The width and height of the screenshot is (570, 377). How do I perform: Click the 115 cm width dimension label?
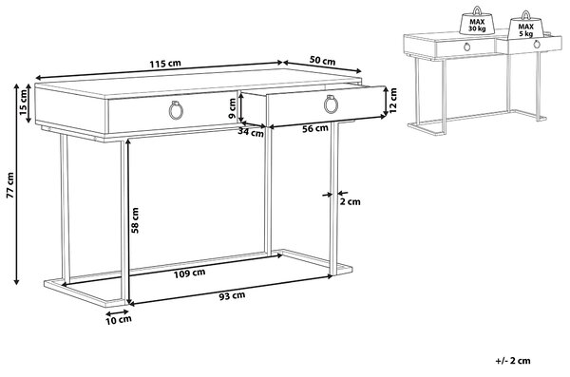(x=165, y=64)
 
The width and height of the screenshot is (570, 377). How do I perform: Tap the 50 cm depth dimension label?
(x=322, y=60)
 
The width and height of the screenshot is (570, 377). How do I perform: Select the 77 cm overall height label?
(x=10, y=185)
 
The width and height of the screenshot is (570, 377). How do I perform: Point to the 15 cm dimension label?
(x=23, y=103)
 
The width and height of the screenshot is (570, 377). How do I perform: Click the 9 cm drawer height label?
(x=233, y=108)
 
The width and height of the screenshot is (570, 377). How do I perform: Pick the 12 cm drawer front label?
(x=392, y=101)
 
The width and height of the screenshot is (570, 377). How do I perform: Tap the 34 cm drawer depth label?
(x=251, y=132)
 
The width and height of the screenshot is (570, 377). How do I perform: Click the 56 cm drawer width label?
(x=315, y=128)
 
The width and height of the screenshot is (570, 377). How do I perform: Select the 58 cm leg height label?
(x=135, y=220)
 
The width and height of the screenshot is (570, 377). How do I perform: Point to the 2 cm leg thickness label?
(x=350, y=201)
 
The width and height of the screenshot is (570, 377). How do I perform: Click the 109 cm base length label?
(x=189, y=273)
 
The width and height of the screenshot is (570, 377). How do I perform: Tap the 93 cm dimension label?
(x=232, y=296)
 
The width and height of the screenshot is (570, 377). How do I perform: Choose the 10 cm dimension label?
(x=119, y=320)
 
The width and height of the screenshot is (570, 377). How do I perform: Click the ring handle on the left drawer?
(x=176, y=109)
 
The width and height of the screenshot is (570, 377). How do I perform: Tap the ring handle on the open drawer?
(x=331, y=104)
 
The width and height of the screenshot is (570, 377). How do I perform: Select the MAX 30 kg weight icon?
(x=477, y=21)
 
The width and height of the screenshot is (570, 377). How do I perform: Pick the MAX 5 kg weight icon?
(x=525, y=25)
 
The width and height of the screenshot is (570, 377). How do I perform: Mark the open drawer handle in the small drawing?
(x=537, y=45)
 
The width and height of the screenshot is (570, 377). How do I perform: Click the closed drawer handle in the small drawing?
(x=466, y=47)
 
